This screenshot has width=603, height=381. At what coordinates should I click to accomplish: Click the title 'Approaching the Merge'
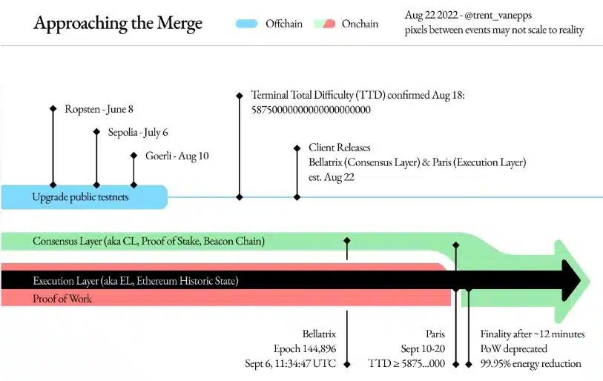tap(118, 24)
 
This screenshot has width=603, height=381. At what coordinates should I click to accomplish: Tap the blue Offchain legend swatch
tap(246, 24)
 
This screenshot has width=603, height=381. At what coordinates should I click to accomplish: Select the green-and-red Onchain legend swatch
tap(325, 24)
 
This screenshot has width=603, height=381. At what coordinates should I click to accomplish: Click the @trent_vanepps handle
tap(498, 16)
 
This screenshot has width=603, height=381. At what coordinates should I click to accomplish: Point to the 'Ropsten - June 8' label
tap(99, 109)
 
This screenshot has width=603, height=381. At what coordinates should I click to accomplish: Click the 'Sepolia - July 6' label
tap(138, 133)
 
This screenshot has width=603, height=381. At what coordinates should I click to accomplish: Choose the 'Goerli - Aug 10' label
tap(177, 156)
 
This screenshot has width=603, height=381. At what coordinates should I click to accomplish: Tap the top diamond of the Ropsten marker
tap(53, 109)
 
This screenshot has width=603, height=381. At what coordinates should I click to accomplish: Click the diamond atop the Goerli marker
tap(134, 156)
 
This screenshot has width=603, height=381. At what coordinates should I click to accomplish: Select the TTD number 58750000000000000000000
tap(311, 110)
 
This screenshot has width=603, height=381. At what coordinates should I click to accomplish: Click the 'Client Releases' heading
tap(340, 148)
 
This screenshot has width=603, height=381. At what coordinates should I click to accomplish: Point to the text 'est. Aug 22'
tap(332, 177)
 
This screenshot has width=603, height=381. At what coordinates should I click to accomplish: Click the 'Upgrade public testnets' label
tap(80, 197)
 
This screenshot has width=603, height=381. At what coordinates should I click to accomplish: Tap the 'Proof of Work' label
tap(62, 299)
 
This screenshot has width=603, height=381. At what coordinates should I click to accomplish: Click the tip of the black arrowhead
tap(581, 280)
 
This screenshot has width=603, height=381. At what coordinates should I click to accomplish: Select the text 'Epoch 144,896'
tap(305, 348)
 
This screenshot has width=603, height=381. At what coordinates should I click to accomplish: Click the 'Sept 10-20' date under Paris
tap(423, 348)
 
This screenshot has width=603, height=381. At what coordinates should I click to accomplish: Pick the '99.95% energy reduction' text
tap(531, 364)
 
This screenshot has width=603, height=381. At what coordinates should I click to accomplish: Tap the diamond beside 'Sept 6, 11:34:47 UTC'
tap(347, 364)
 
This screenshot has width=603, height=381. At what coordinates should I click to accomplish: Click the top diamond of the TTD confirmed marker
tap(240, 95)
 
